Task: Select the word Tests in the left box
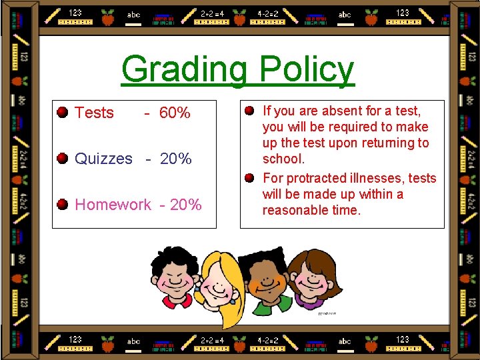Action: [x=94, y=113]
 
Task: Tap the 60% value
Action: [x=175, y=113]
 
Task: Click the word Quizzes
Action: [x=103, y=159]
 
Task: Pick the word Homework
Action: [x=113, y=205]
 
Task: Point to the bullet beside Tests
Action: [x=63, y=112]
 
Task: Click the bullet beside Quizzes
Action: [x=63, y=158]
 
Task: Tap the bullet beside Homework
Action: [x=63, y=203]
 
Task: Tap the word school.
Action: [x=283, y=159]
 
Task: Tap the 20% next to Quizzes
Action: [x=176, y=159]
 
